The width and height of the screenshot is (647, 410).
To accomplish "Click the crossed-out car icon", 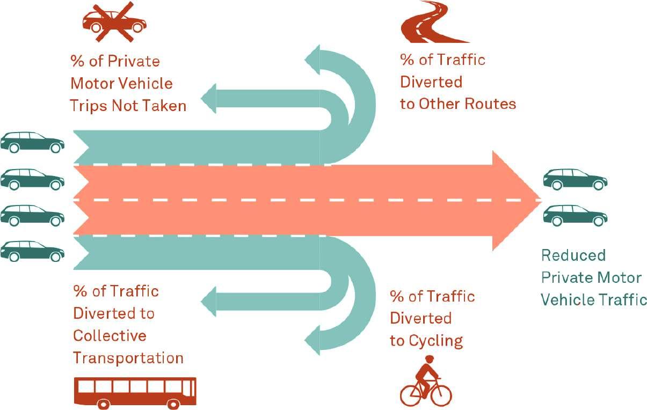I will pos(114,21).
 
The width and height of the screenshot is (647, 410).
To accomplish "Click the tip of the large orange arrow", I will pos(537,200).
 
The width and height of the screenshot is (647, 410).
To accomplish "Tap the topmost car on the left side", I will pos(32,142).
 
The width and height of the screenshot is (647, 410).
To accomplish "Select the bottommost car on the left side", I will pos(32,251).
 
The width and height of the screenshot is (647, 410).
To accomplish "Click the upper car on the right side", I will pos(575,180).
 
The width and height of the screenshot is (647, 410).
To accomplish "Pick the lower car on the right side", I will pos(575,215).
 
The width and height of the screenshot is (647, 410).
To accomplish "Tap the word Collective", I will pos(110,335).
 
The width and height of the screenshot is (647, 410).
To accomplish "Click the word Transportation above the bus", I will pos(128,358).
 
